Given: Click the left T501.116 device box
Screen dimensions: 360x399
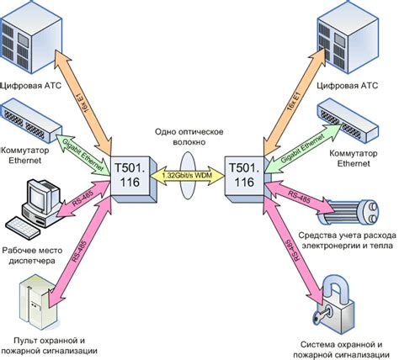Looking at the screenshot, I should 130,174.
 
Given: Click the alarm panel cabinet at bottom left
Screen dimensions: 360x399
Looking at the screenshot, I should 39,295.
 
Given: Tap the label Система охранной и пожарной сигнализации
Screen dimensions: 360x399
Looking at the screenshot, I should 342,349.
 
